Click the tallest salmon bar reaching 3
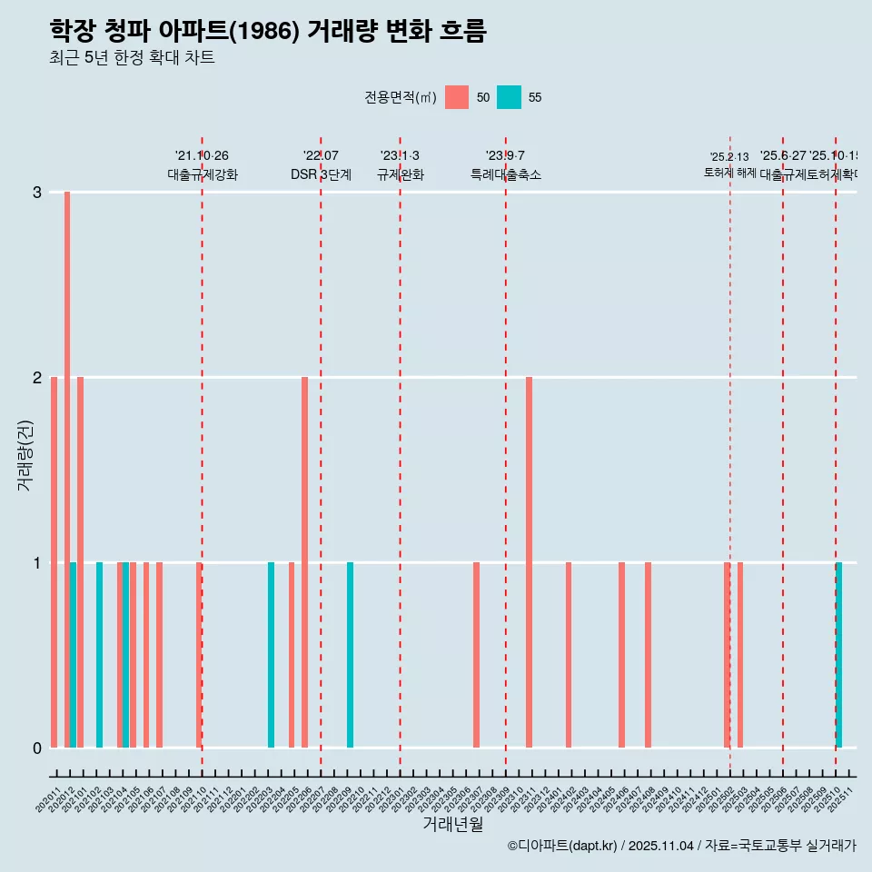[67, 469]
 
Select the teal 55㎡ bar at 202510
[838, 654]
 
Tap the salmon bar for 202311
[529, 561]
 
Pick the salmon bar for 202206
[304, 561]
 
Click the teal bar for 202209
[350, 654]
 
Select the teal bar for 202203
[271, 654]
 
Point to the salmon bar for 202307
[476, 654]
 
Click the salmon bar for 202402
[569, 654]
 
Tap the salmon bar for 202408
[648, 654]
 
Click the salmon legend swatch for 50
[457, 97]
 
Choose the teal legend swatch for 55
[510, 97]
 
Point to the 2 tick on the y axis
[37, 377]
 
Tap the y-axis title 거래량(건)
[25, 454]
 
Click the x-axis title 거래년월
[452, 824]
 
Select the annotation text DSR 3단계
[321, 174]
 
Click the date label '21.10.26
[202, 155]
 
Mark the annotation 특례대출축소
[505, 174]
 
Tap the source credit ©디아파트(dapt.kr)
[562, 846]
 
